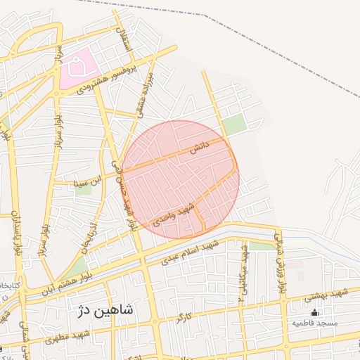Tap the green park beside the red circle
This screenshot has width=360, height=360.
235,126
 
